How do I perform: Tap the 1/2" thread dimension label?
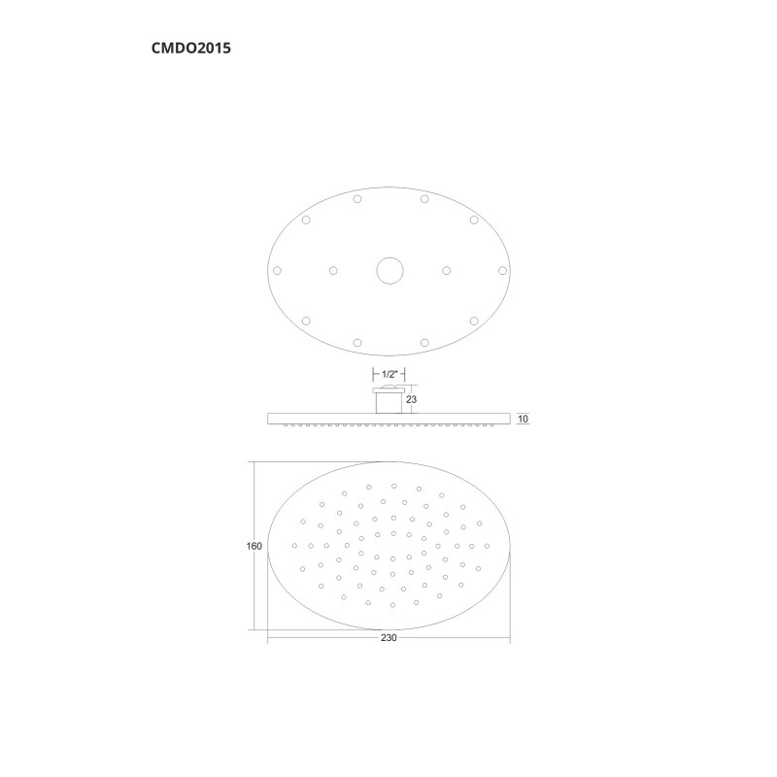click(x=388, y=374)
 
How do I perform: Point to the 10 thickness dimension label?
click(x=523, y=419)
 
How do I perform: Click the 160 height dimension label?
click(x=254, y=546)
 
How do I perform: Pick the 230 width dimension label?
click(x=388, y=638)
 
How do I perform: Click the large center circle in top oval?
click(x=389, y=270)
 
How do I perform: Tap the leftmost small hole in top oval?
click(x=277, y=270)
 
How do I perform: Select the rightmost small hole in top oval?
click(x=502, y=270)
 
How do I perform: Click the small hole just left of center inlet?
click(x=333, y=270)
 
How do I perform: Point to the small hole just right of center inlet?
click(x=447, y=270)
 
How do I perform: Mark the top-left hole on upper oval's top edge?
click(x=357, y=199)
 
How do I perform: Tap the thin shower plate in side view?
click(x=388, y=419)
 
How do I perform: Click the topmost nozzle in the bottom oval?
click(x=393, y=486)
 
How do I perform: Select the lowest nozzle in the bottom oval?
click(x=392, y=604)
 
